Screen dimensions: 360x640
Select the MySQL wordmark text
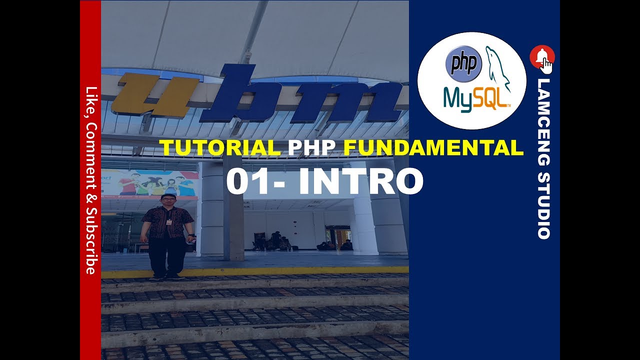coord(476,98)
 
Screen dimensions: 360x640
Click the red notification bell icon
coord(541,57)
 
